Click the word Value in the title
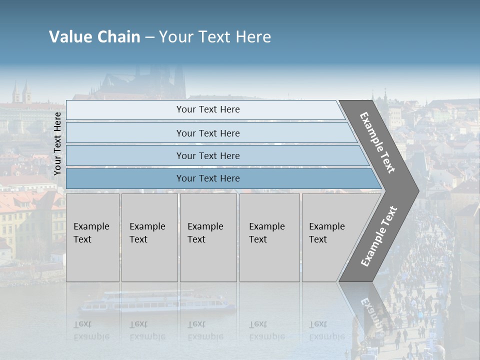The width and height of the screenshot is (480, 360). [x=69, y=37]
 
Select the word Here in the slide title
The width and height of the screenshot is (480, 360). [x=253, y=37]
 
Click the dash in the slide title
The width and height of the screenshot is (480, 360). [x=149, y=37]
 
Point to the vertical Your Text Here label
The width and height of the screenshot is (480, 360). [x=57, y=143]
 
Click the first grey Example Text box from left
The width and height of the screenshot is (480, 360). [x=92, y=237]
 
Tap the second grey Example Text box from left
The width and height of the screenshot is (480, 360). [x=149, y=237]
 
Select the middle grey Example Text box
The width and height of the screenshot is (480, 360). [x=208, y=237]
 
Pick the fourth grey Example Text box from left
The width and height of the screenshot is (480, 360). [x=269, y=237]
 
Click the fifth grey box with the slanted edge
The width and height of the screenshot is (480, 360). [x=332, y=237]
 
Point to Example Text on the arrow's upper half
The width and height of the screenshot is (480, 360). [x=377, y=143]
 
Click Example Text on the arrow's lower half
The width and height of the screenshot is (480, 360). [x=378, y=236]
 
